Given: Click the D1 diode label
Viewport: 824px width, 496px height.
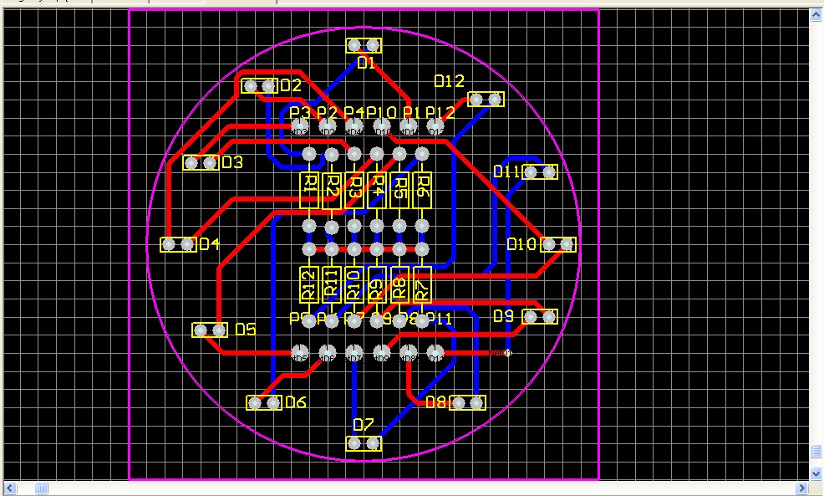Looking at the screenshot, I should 366,63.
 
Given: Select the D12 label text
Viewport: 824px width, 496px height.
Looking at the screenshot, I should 449,81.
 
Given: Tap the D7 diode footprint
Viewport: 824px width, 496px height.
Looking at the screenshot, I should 364,442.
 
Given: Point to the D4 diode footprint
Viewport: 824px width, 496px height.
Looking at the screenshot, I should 177,244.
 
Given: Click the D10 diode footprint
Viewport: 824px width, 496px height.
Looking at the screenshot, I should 558,244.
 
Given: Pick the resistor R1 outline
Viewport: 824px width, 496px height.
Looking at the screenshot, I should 309,189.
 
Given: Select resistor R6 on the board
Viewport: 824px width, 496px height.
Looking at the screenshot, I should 422,189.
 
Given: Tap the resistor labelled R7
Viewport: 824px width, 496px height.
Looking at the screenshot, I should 422,284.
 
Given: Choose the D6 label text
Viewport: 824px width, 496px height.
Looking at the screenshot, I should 296,403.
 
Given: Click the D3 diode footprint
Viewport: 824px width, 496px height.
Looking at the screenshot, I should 201,162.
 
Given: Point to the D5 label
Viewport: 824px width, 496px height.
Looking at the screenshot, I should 245,330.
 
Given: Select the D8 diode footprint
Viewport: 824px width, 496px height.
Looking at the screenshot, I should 467,403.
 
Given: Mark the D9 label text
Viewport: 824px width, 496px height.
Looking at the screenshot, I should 503,316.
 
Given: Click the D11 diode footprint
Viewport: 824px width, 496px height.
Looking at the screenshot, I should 540,172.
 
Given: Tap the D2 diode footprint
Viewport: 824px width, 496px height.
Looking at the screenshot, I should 259,86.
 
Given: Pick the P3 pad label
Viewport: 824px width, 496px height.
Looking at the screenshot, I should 299,113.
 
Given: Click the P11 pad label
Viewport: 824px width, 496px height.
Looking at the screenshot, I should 440,319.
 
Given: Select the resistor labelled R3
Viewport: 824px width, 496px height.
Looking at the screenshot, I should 354,189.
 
